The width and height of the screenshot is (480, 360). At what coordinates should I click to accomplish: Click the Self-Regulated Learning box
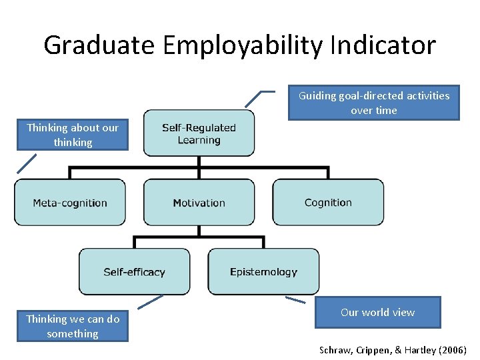coord(199,133)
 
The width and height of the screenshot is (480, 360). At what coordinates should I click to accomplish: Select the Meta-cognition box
coord(70,203)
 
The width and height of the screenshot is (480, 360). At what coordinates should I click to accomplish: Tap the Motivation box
coord(199,203)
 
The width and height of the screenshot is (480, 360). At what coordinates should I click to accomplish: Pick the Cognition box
coord(328,203)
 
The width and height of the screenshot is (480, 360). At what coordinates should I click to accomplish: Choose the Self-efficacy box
coord(134,271)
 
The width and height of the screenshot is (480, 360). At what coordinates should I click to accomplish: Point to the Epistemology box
coord(263,271)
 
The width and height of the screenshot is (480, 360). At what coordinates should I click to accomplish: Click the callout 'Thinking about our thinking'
coord(73,135)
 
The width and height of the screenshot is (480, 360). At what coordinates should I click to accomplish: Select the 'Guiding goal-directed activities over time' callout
coord(373,103)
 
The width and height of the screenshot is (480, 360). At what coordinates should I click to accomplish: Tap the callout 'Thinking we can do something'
coord(73,326)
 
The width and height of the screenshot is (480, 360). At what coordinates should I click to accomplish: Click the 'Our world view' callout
coord(377,312)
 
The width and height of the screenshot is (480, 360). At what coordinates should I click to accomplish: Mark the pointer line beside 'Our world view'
coord(295,300)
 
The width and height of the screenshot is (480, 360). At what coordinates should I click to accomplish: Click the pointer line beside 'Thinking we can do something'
coord(151,302)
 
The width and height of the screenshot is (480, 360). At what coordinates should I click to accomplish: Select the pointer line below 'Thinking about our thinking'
coord(27,163)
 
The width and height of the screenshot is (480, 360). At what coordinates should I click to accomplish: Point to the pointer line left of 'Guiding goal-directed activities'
coord(257,97)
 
